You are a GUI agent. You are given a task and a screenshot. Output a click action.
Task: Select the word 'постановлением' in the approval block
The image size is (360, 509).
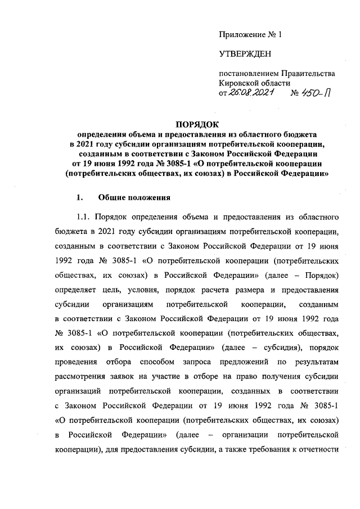248,74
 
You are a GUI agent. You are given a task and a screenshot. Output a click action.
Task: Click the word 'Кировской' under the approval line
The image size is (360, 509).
238,83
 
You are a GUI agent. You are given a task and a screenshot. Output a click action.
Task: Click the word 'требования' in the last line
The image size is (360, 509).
270,451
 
